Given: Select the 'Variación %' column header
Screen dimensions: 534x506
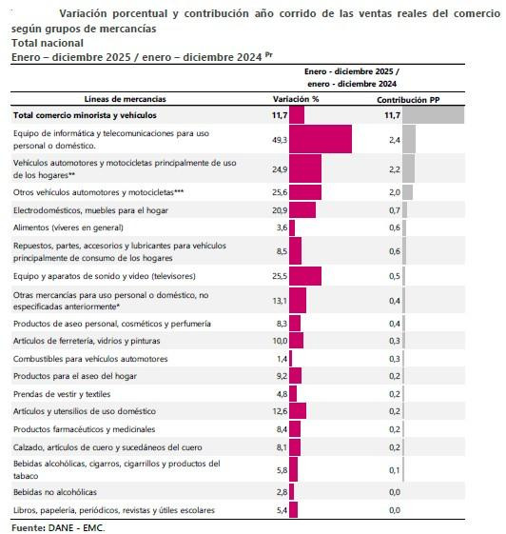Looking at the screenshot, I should [296, 99].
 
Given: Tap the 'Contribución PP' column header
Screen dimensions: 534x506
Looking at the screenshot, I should [407, 99].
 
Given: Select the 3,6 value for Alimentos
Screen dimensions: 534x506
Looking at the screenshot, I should [281, 227].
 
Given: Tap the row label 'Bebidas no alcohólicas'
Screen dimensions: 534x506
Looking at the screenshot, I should [56, 491].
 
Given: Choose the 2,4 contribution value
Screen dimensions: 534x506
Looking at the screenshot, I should [394, 139].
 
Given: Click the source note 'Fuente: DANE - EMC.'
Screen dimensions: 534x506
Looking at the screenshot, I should [58, 526].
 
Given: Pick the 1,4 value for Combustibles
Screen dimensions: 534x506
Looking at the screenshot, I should [281, 359].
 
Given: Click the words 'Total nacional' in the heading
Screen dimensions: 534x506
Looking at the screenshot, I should [47, 43].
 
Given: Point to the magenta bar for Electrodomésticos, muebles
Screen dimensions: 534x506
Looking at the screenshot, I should [302, 209].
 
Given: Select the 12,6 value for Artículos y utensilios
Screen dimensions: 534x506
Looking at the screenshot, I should [279, 411].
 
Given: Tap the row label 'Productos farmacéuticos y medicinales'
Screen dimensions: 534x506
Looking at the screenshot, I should [84, 429].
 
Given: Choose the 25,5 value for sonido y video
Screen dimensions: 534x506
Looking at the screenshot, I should [279, 276].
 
